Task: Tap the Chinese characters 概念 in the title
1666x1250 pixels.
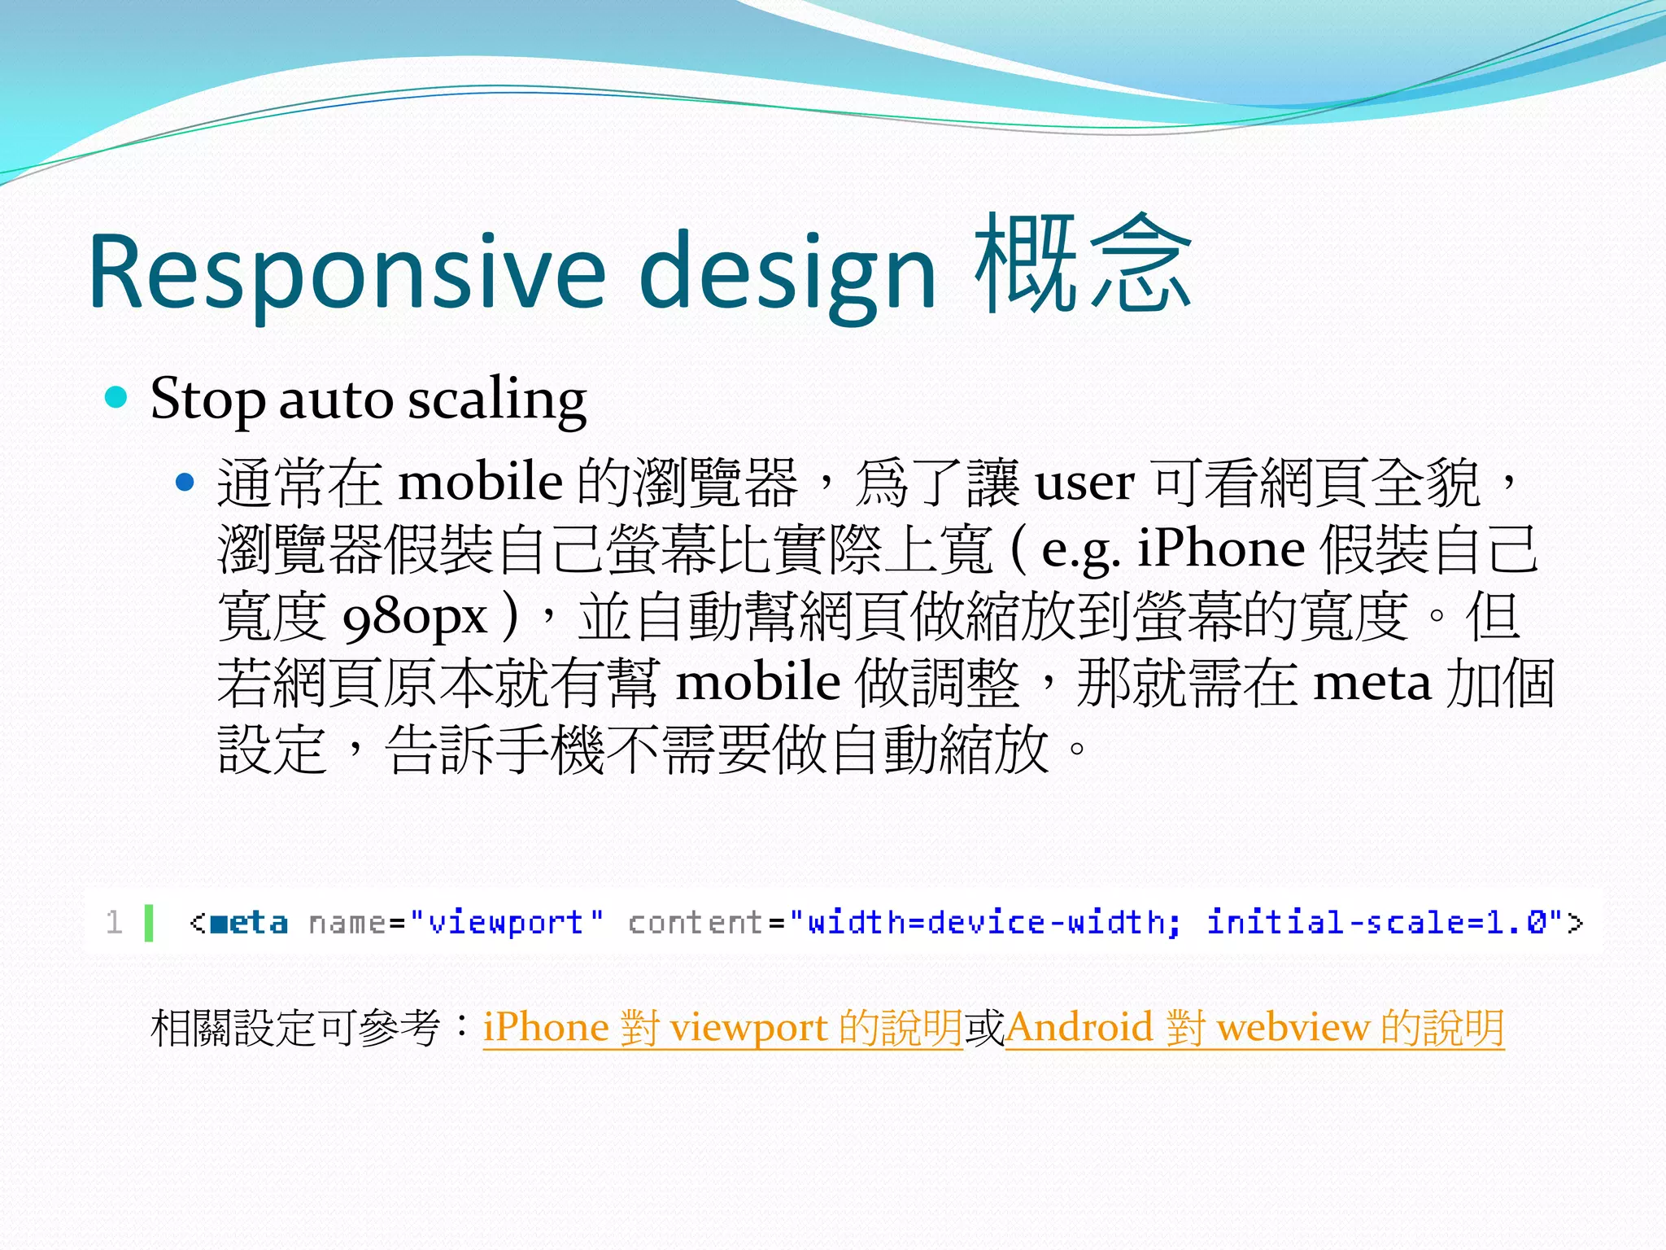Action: tap(1082, 264)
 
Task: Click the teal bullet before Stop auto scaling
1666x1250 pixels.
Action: tap(117, 397)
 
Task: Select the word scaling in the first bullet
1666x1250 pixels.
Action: tap(497, 400)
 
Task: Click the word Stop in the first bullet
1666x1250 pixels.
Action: tap(207, 400)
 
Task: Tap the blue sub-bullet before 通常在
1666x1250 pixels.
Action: tap(185, 483)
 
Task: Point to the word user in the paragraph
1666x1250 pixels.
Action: tap(1084, 483)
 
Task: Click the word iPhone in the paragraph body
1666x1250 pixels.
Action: tap(1220, 549)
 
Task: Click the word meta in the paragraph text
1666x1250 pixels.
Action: tap(1372, 682)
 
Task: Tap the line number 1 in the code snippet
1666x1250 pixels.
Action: tap(114, 922)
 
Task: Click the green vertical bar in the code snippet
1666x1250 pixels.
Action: tap(149, 922)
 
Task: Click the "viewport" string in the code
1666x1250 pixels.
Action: tap(507, 922)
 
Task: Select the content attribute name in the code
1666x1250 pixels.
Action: tap(696, 922)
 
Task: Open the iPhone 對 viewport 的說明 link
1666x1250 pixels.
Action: tap(722, 1028)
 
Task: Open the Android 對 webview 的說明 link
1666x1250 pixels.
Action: tap(1254, 1028)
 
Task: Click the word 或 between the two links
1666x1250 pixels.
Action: tap(984, 1028)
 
